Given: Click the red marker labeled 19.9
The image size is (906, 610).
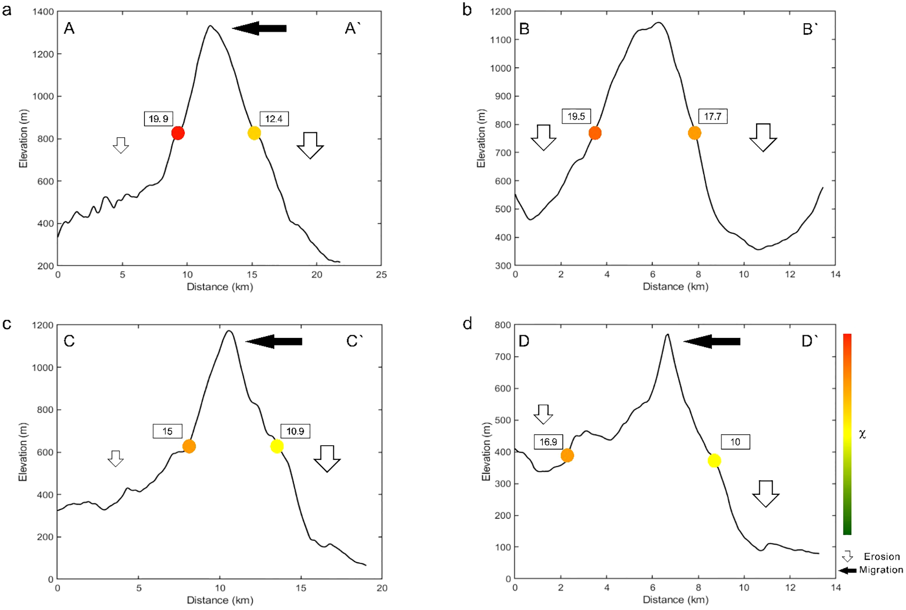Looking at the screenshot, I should pyautogui.click(x=178, y=133).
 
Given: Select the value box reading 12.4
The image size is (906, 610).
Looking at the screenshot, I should pyautogui.click(x=274, y=119).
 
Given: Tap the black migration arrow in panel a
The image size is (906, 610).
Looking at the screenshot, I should pyautogui.click(x=260, y=29).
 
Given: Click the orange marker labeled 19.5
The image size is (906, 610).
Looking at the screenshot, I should pyautogui.click(x=595, y=133).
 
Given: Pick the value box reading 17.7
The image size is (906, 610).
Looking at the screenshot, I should pyautogui.click(x=712, y=117).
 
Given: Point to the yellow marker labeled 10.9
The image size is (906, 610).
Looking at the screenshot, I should pyautogui.click(x=277, y=446).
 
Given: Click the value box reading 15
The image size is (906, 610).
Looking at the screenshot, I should pyautogui.click(x=168, y=431).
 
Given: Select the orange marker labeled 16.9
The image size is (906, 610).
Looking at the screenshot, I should pyautogui.click(x=567, y=456).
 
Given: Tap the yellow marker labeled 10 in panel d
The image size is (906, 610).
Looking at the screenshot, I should pyautogui.click(x=714, y=460).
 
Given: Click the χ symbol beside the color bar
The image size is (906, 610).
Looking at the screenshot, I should pyautogui.click(x=862, y=434).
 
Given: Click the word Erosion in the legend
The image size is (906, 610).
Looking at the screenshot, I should pyautogui.click(x=881, y=556).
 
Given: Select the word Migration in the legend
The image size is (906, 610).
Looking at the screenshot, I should pyautogui.click(x=881, y=570).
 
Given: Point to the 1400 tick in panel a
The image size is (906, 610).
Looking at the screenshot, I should pyautogui.click(x=43, y=12).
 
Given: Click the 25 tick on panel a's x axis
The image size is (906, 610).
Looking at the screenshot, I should pyautogui.click(x=381, y=275).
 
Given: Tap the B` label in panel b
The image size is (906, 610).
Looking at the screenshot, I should pyautogui.click(x=810, y=30).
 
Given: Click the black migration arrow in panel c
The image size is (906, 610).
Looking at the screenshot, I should pyautogui.click(x=274, y=341).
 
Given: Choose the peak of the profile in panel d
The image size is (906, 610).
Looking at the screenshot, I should pyautogui.click(x=667, y=335).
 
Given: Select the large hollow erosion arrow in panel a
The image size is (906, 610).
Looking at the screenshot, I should pyautogui.click(x=310, y=145).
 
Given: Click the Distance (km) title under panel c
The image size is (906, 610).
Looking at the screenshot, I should pyautogui.click(x=220, y=600).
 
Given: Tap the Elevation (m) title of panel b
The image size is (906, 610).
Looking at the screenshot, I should pyautogui.click(x=481, y=139).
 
